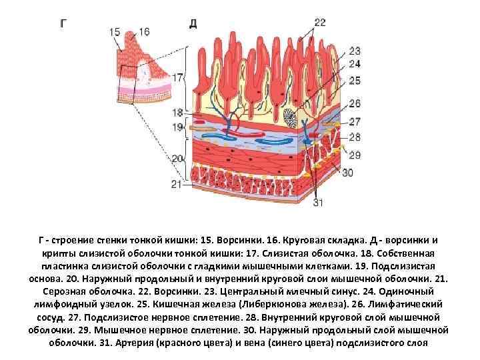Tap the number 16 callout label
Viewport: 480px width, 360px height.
tap(144, 31)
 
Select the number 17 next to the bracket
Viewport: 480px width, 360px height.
tap(177, 78)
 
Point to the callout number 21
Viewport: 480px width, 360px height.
tap(176, 184)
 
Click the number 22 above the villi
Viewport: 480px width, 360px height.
tap(320, 22)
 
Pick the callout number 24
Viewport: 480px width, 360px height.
tap(354, 65)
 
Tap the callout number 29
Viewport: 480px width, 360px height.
tap(354, 155)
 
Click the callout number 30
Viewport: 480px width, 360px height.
tap(347, 173)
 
